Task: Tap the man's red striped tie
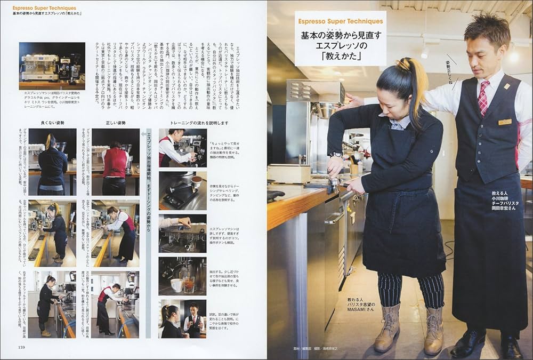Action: (483, 97)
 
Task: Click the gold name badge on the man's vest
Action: (505, 122)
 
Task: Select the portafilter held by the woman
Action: (334, 183)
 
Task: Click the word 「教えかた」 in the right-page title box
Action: (341, 54)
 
